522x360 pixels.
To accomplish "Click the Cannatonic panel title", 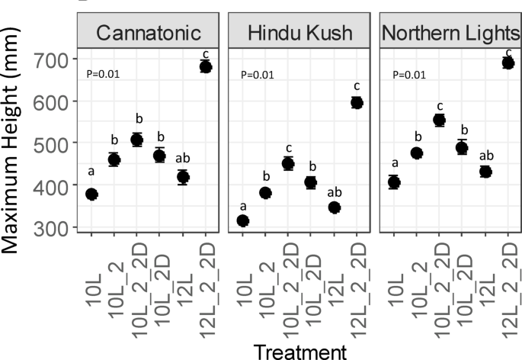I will (x=148, y=33).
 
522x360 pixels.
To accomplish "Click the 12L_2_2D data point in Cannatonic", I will (x=205, y=66).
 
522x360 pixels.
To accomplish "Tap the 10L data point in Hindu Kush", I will (x=243, y=221).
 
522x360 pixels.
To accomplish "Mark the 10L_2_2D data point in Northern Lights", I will (x=439, y=120).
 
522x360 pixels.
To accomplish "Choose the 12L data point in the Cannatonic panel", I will (x=182, y=177).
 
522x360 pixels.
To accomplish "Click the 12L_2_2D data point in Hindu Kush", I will (x=357, y=102).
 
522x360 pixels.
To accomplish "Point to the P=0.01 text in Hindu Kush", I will (x=257, y=75).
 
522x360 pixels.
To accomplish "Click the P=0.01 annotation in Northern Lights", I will (x=408, y=75).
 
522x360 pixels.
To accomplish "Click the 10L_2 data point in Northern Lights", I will (x=416, y=153).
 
